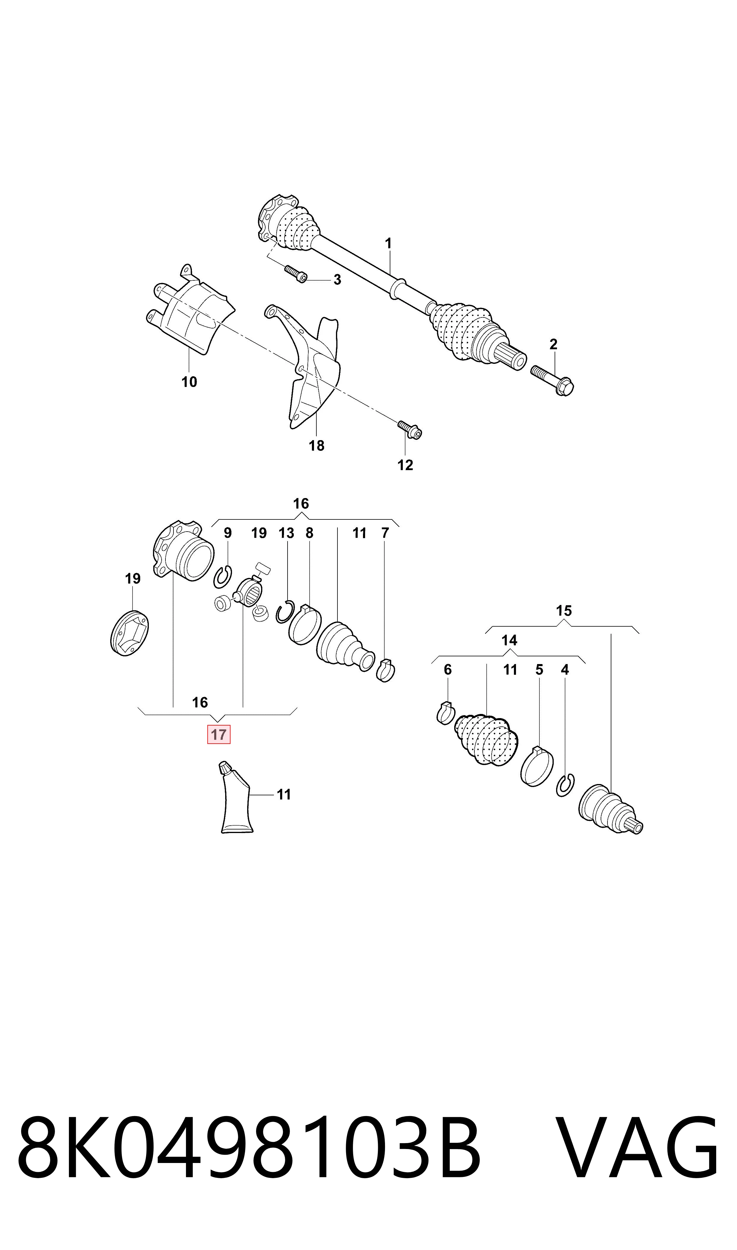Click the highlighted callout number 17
pos(219,735)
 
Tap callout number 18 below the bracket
pos(316,446)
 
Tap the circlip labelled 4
pos(566,785)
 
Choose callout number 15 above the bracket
pos(564,611)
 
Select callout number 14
pos(509,640)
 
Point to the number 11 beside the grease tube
pos(284,795)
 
